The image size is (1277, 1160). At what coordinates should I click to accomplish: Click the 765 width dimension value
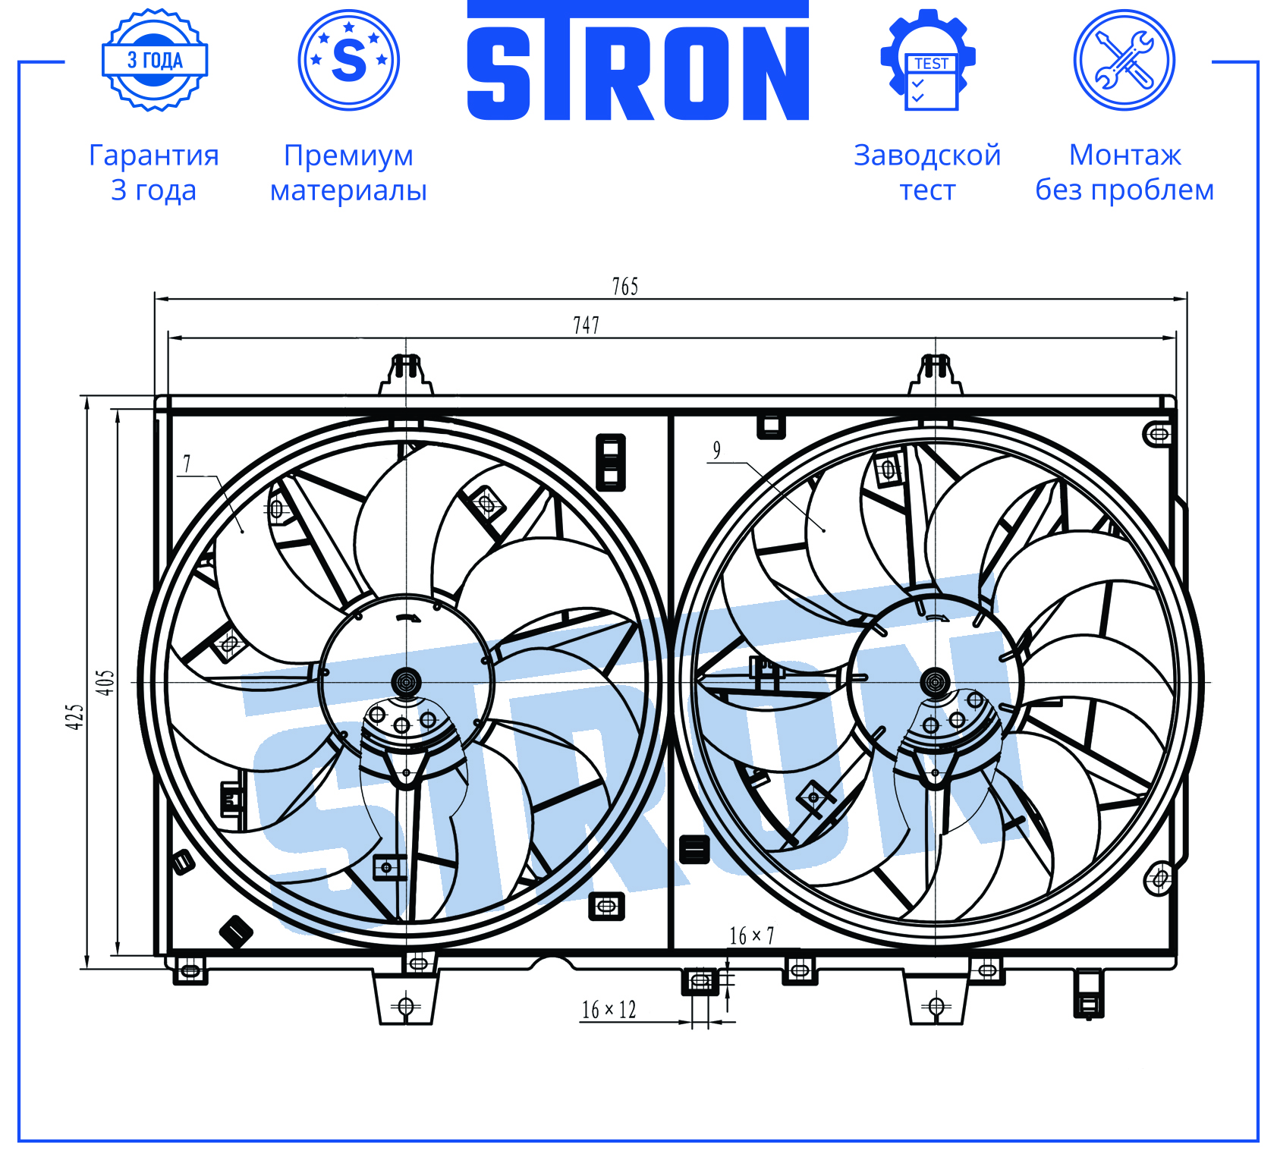625,286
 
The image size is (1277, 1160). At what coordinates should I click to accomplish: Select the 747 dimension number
586,325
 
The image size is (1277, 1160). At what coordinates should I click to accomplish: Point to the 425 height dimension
74,717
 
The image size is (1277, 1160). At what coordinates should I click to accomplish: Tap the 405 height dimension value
105,682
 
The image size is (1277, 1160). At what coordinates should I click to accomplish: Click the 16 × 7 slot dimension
751,935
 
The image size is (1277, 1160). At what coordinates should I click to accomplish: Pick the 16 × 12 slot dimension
609,1010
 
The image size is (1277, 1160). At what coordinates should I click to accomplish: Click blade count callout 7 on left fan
187,463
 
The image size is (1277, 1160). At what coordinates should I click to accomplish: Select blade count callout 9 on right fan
716,450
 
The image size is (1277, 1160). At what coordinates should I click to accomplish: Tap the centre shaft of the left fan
406,682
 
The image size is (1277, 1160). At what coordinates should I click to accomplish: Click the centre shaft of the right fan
935,682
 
